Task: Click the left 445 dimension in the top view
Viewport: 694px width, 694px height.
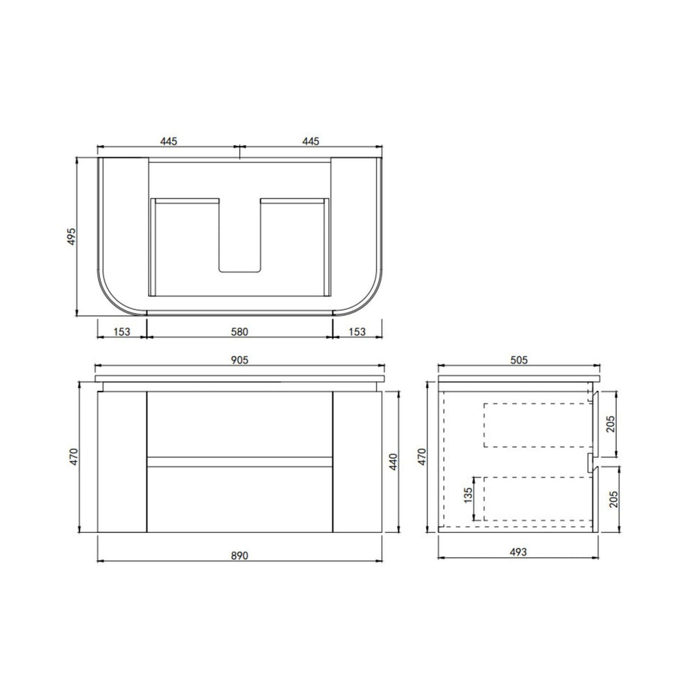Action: (169, 141)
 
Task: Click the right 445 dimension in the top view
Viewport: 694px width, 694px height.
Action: (311, 141)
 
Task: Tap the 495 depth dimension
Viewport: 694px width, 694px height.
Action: (71, 237)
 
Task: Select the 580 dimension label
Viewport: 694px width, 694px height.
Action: (239, 332)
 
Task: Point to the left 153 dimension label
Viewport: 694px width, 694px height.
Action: (121, 332)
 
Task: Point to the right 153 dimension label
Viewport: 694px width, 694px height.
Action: (357, 332)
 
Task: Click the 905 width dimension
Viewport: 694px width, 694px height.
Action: (239, 359)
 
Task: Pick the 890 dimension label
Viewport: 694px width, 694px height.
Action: (239, 555)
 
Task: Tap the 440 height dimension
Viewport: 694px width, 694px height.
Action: (393, 462)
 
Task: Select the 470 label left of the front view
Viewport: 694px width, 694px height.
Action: (74, 457)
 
